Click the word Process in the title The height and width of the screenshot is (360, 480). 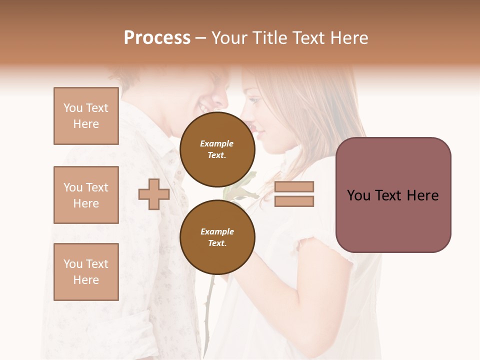[157, 38]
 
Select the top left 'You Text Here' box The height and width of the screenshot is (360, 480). [86, 116]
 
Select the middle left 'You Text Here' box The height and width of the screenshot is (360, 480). [86, 195]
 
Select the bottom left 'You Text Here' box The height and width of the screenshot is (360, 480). [86, 272]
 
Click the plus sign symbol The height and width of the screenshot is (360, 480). [154, 194]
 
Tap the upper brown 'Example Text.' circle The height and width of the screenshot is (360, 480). [217, 149]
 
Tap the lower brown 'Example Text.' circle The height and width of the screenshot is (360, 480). [217, 237]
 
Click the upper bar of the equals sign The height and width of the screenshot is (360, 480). [294, 187]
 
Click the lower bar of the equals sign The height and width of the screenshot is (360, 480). [294, 201]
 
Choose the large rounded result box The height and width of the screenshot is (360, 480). [393, 195]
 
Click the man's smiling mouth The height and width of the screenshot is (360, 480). [205, 107]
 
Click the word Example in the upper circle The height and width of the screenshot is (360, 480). [217, 143]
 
